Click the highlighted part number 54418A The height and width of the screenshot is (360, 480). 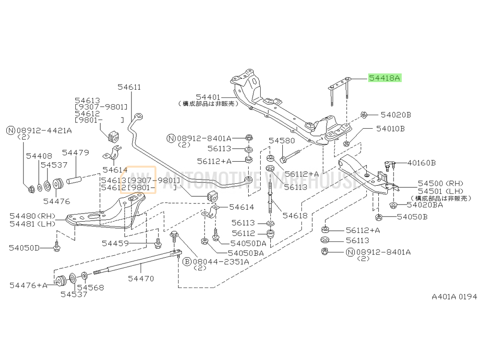[x=384, y=78]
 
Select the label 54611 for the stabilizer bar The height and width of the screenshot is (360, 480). [x=129, y=87]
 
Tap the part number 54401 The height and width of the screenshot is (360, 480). [x=208, y=97]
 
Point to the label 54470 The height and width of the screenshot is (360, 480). [x=141, y=278]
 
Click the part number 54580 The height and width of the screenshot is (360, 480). [x=282, y=141]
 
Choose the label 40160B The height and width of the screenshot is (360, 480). [x=421, y=163]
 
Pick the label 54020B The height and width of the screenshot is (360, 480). [x=396, y=115]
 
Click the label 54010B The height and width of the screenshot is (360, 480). [x=390, y=129]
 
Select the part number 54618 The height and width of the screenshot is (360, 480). [x=295, y=216]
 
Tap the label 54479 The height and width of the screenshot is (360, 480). [x=75, y=153]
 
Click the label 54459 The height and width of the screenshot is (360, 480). [x=115, y=243]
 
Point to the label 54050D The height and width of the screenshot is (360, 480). [x=24, y=248]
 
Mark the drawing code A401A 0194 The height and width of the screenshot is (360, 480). [x=454, y=297]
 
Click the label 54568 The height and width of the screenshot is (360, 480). [x=90, y=288]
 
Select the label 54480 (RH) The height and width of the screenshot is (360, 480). [x=33, y=216]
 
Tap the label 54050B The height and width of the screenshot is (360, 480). [x=412, y=217]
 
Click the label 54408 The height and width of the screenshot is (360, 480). [x=39, y=156]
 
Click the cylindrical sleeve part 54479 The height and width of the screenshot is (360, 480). [x=74, y=180]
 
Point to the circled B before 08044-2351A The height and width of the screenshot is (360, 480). [x=187, y=262]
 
